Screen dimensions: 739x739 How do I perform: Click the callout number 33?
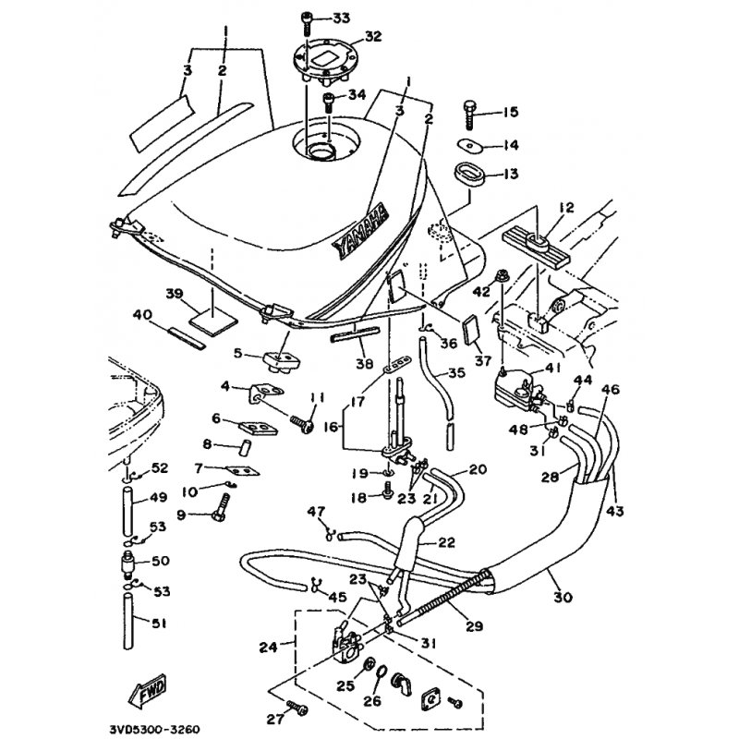[341, 18]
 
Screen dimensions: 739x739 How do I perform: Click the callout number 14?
[510, 145]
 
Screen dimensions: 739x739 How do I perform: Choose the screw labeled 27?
[295, 707]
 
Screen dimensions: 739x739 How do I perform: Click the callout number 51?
[159, 624]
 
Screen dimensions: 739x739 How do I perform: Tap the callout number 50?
[159, 561]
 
